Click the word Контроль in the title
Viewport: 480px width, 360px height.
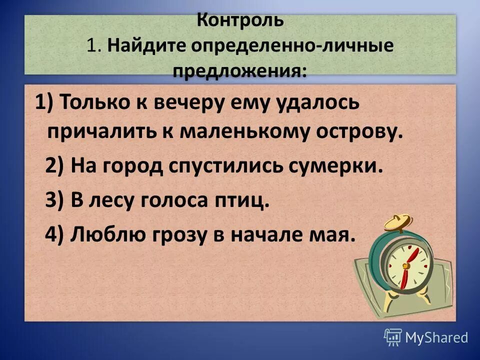240,21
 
